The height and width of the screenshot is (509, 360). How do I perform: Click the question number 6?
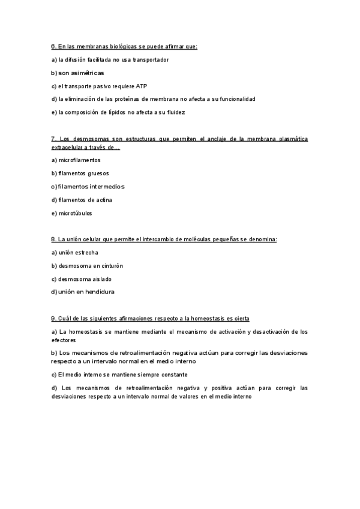53,46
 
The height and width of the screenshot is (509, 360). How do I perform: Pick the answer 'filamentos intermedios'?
91,187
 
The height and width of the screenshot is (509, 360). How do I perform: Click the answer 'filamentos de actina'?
85,200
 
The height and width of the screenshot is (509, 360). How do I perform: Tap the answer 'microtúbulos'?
75,213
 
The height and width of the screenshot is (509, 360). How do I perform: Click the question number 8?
53,239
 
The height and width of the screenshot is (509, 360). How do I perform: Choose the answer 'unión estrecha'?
78,253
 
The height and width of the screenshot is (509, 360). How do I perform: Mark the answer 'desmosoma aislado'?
85,279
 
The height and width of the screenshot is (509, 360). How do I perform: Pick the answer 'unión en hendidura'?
86,292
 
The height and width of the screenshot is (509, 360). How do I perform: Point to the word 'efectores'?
64,340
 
